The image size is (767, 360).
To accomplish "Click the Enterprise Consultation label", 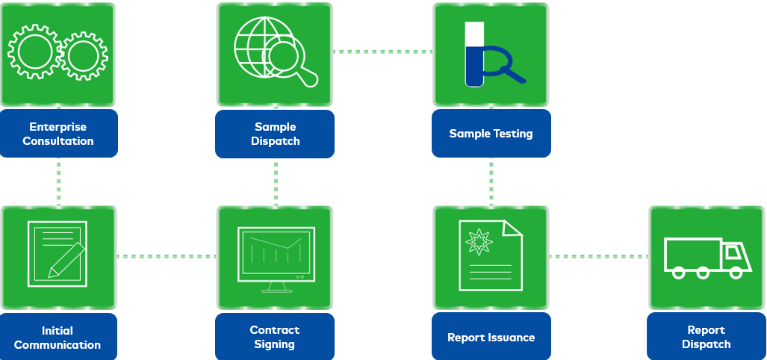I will tap(58, 134).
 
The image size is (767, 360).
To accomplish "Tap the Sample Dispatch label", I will tap(275, 134).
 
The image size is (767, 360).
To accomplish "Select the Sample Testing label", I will tap(491, 134).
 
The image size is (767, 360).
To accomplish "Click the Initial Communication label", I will tap(58, 338).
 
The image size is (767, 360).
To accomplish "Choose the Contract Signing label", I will tap(275, 337).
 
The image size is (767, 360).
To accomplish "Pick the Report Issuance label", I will tap(491, 337).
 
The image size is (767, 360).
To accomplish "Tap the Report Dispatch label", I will tap(706, 337).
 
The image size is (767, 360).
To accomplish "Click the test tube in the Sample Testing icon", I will tap(474, 54).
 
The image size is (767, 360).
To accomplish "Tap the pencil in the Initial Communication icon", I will tap(66, 260).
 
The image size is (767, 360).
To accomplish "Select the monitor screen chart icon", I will tap(276, 254).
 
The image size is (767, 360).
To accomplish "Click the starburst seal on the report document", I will tap(477, 241).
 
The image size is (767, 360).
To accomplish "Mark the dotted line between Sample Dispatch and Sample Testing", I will tap(383, 52).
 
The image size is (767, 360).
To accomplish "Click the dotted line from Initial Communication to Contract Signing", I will tap(166, 256).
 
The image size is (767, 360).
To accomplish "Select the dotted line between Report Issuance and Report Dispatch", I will tap(598, 256).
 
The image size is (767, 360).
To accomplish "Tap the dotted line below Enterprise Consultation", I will tap(58, 181).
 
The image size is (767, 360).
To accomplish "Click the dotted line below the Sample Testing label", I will tap(491, 181).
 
